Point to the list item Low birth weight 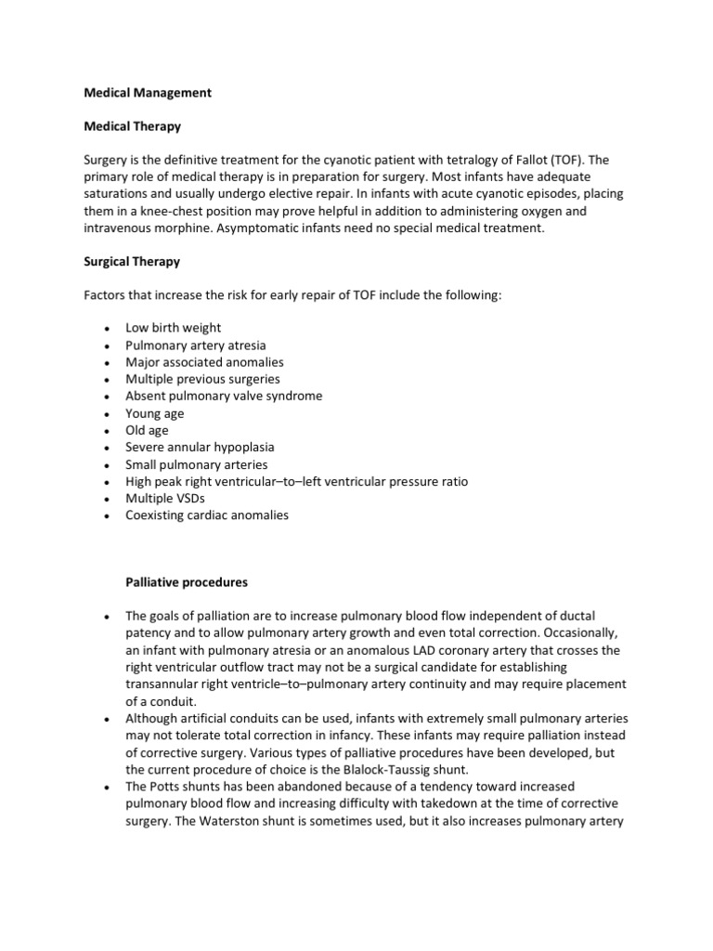point(174,329)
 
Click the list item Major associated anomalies point(204,362)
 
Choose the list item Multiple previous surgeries point(202,379)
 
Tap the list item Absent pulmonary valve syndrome point(224,396)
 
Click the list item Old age point(147,430)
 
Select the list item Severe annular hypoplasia point(200,447)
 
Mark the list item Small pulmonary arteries point(196,464)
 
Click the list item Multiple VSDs point(164,498)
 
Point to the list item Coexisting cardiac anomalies point(207,515)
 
